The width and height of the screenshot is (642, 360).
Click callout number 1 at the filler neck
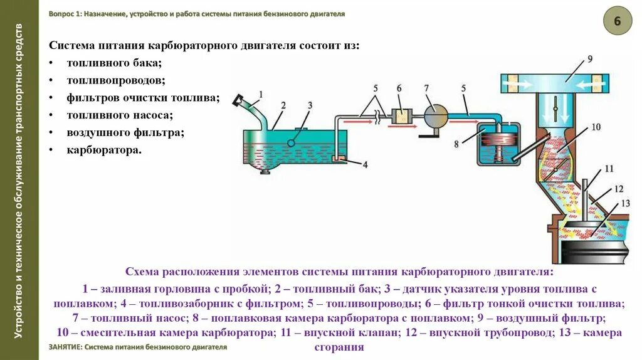[x=261, y=95]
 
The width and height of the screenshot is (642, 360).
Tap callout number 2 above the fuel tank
[x=283, y=105]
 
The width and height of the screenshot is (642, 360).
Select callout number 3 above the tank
[x=309, y=105]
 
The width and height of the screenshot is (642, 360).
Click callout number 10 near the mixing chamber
[x=596, y=127]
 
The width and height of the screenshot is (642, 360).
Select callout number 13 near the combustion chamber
[x=624, y=203]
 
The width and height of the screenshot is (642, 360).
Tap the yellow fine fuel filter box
[x=399, y=115]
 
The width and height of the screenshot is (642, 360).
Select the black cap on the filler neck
[x=238, y=99]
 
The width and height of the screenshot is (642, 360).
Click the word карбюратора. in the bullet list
[x=104, y=151]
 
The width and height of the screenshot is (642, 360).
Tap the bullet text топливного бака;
[x=115, y=63]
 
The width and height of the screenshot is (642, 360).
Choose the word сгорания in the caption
[x=339, y=347]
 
